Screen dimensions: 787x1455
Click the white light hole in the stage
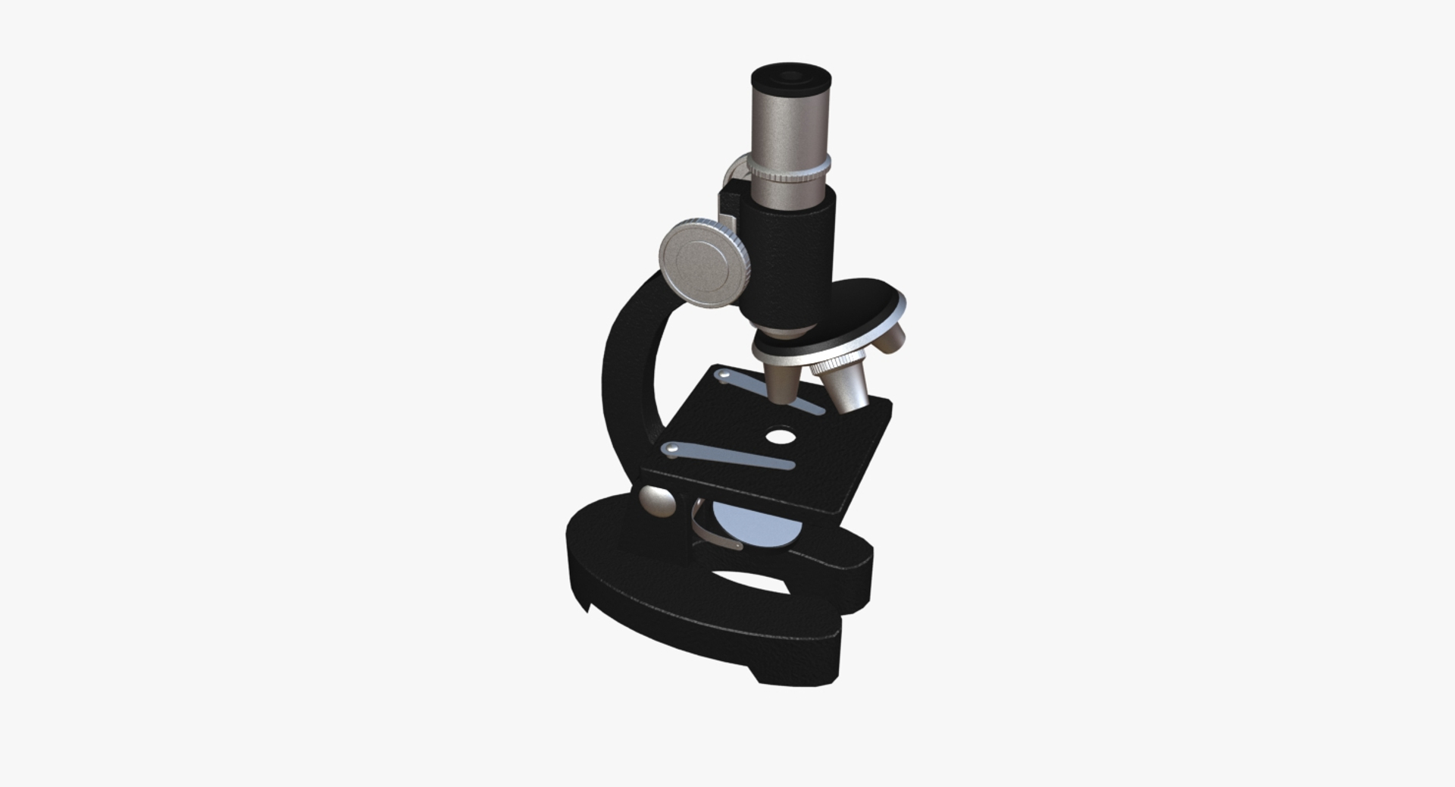(x=781, y=437)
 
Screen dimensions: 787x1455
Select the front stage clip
(x=727, y=456)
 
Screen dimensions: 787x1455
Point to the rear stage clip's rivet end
(x=724, y=375)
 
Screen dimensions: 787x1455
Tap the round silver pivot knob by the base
(x=657, y=501)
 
